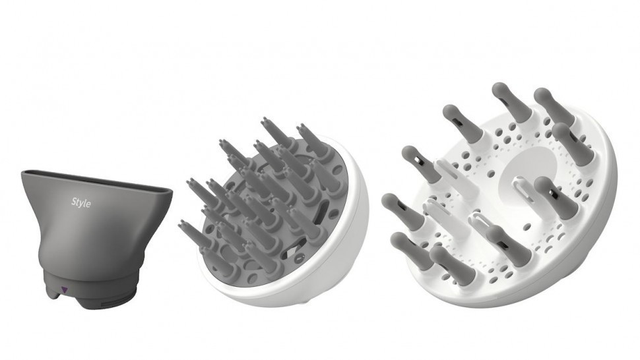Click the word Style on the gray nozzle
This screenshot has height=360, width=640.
[x=81, y=202]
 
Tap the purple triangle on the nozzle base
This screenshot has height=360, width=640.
[x=64, y=290]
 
